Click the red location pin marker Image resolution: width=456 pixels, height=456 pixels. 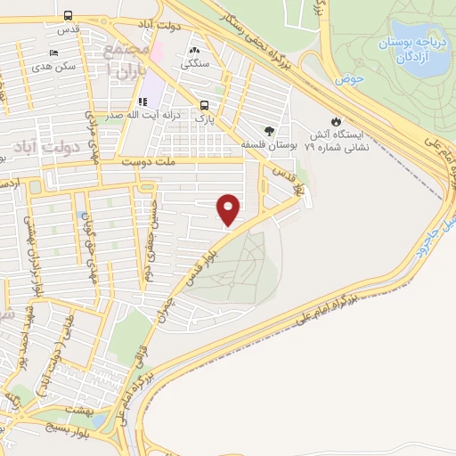(230, 208)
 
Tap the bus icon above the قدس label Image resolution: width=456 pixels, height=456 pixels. (69, 15)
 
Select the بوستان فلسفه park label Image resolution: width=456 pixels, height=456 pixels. (267, 143)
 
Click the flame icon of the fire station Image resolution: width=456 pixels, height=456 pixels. (335, 121)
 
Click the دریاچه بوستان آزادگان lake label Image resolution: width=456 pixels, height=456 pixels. (407, 49)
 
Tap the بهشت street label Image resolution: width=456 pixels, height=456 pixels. (63, 406)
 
